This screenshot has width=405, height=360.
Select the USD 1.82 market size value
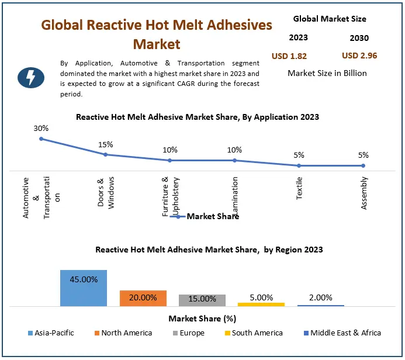coord(289,57)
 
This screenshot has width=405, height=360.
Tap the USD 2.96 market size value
coord(359,56)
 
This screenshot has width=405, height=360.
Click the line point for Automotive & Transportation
coord(41,139)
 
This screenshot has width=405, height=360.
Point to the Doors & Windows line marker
coord(106,155)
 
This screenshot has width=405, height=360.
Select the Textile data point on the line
coord(299,165)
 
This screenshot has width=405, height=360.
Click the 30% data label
coord(41,128)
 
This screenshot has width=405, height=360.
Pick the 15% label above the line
coord(106,144)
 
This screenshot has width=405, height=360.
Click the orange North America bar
coord(143,298)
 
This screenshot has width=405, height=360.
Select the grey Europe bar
coord(202,300)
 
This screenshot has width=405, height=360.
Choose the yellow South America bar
coord(261,304)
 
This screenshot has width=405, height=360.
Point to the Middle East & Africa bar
coord(321,305)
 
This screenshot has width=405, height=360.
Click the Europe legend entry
coord(188,333)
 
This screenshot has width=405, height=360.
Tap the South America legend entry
coord(253,333)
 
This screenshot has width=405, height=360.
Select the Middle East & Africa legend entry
coord(341,333)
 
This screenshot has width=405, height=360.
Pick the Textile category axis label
coord(299,188)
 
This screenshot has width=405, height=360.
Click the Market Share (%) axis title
coord(202,319)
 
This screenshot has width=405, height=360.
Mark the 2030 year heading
coord(359,39)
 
